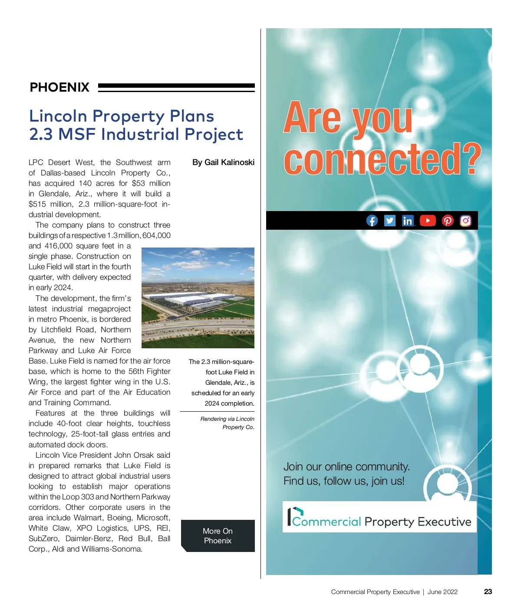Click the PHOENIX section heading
point(59,87)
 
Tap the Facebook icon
point(372,221)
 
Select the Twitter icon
point(390,221)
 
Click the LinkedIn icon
point(408,221)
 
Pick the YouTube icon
point(428,221)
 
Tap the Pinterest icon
point(448,221)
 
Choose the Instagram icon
point(465,221)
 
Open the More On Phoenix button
point(218,536)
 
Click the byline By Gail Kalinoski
point(223,162)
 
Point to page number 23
point(488,591)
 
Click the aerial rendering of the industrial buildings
point(198,298)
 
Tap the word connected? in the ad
point(382,159)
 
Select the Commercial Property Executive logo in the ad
point(379,517)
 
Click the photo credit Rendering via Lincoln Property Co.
point(228,423)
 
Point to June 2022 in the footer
point(442,592)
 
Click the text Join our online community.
point(346,467)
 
